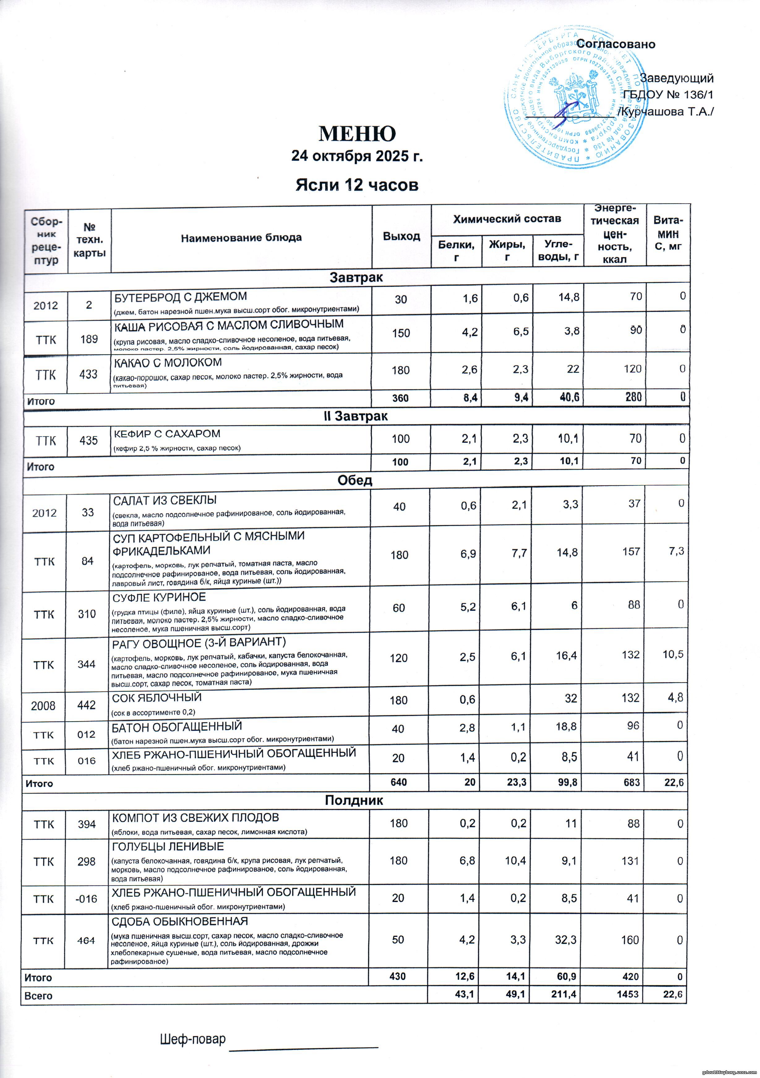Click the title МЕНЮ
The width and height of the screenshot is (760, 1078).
357,134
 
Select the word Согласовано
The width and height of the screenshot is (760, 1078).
616,44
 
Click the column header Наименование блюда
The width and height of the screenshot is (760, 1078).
241,238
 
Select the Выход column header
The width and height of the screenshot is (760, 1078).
401,236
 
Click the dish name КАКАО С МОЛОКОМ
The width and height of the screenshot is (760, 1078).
168,362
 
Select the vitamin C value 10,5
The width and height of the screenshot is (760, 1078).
673,654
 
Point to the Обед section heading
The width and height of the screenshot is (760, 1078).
355,480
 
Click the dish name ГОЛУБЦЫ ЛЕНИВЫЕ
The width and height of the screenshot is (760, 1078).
168,847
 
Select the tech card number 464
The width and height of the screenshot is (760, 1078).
86,940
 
